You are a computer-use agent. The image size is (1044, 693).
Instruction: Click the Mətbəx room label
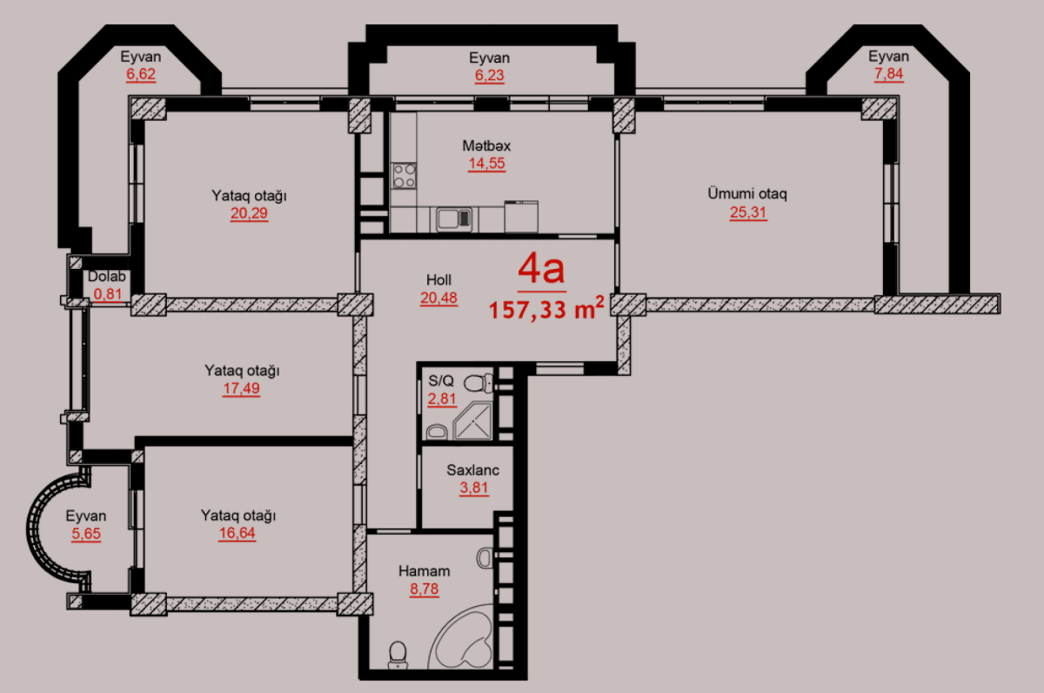pos(486,145)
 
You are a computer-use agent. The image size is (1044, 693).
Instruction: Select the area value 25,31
pos(748,212)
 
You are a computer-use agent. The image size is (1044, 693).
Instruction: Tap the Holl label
pos(438,279)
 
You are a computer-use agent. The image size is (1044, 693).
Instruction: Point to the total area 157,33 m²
pos(546,310)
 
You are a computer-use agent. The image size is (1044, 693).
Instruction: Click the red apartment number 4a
pos(541,270)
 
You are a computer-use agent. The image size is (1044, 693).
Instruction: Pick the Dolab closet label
pos(108,277)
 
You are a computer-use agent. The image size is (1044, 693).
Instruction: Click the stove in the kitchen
pos(404,175)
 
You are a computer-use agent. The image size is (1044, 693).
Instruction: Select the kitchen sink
pos(453,218)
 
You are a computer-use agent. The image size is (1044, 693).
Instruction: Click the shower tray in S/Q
pos(471,420)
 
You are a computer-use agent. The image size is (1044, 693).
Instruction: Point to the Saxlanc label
pos(473,470)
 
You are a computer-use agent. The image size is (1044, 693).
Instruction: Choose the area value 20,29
pos(249,213)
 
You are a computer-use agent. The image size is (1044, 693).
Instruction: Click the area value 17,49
pos(242,389)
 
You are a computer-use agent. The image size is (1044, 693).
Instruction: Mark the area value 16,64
pos(238,533)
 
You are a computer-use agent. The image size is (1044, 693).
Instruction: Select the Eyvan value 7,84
pos(888,74)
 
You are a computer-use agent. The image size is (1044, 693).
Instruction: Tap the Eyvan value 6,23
pos(489,76)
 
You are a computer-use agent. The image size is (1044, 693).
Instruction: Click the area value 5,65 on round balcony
pos(86,534)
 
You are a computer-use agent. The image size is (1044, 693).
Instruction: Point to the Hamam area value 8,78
pos(424,589)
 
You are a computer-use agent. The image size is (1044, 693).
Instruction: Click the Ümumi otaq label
pos(747,193)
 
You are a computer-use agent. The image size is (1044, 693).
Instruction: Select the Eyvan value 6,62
pos(141,74)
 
